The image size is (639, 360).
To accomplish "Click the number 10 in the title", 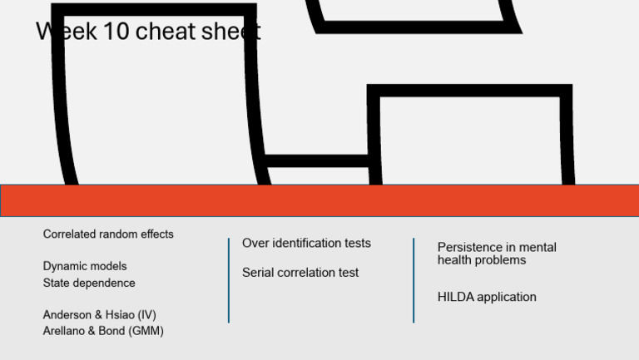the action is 116,32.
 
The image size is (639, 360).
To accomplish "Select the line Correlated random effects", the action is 108,234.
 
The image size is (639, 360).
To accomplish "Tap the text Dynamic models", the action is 85,266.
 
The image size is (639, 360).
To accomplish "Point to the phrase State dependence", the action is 89,283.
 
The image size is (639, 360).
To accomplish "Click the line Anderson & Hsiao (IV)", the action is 100,315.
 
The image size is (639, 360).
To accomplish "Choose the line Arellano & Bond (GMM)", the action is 103,331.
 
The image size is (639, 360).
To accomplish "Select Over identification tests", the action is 306,243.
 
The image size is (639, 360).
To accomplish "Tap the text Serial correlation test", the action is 300,273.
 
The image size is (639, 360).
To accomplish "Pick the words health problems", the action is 482,260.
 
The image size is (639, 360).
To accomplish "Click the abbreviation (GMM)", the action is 146,331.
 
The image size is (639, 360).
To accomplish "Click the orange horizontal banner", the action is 319,200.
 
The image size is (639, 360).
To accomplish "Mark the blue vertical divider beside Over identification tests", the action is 229,280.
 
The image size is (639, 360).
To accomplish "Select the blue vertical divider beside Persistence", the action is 414,280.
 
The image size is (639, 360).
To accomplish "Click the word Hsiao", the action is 120,315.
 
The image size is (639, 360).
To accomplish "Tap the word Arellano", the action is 61,331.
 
